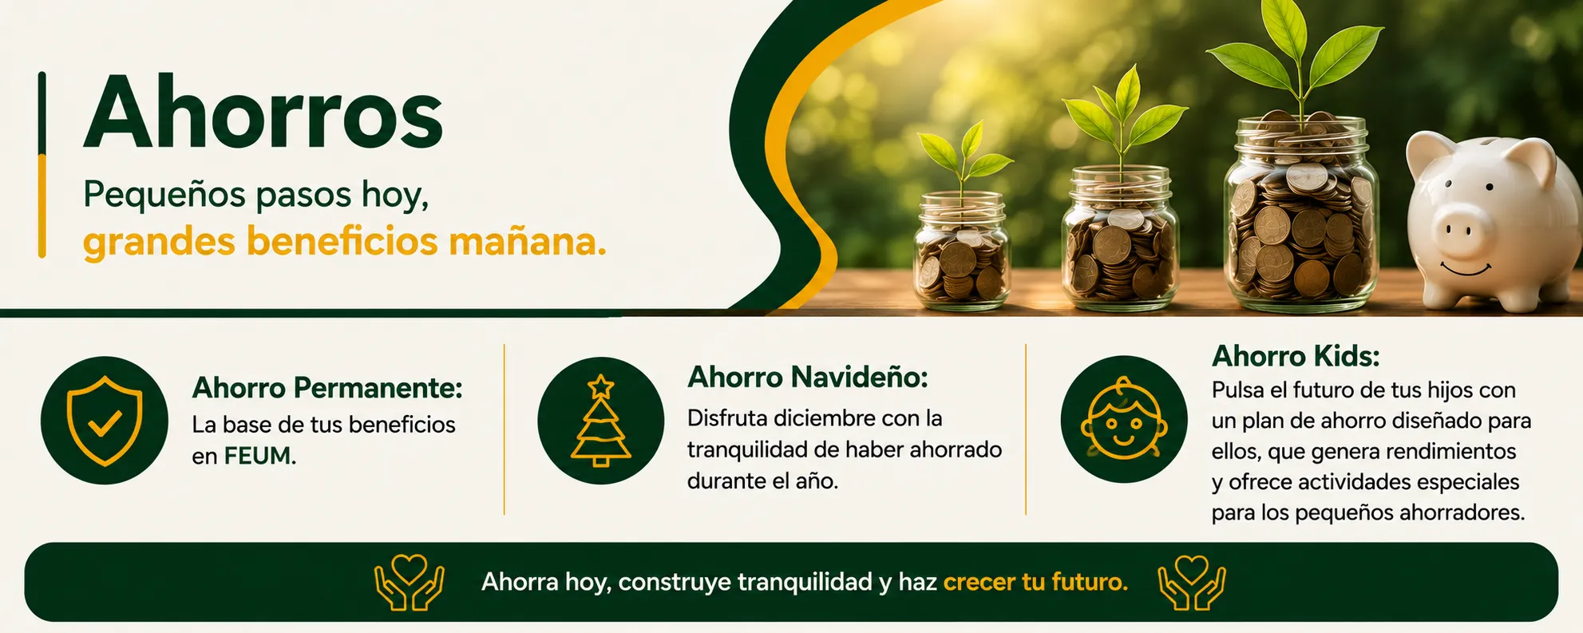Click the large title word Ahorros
(263, 113)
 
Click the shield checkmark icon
(105, 421)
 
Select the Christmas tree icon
(600, 421)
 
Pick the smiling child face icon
(1124, 419)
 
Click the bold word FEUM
(259, 456)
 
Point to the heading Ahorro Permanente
(327, 388)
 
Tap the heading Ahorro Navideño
(808, 377)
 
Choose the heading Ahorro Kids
(1296, 356)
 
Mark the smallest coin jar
(962, 251)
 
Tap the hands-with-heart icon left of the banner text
(410, 583)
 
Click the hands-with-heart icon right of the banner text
(1192, 583)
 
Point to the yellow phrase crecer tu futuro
(1035, 582)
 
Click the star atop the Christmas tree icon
(600, 386)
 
